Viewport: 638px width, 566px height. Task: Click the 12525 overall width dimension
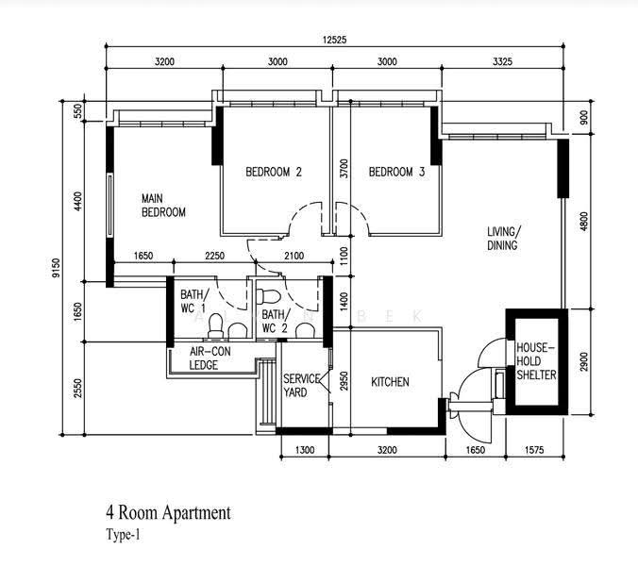click(334, 40)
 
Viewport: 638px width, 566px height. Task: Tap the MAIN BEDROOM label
click(163, 206)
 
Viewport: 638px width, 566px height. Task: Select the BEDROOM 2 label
click(274, 172)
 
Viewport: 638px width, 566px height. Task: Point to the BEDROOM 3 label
click(396, 172)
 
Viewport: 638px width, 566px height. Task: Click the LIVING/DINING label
click(504, 239)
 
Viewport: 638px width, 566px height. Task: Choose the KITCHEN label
click(390, 382)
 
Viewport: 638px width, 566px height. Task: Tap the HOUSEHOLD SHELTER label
click(536, 361)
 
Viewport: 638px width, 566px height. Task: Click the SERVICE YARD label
click(301, 386)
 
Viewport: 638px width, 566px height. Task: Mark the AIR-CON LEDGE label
click(210, 358)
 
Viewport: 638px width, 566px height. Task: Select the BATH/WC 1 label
click(194, 301)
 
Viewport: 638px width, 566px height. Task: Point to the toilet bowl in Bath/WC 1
click(215, 325)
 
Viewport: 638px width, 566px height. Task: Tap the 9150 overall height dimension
click(56, 268)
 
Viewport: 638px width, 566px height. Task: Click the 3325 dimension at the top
click(502, 62)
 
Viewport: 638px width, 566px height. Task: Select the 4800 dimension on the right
click(584, 221)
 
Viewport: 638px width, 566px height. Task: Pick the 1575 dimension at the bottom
click(534, 450)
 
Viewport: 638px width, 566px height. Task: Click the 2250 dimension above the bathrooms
click(214, 256)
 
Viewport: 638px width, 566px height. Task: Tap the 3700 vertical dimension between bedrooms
click(344, 168)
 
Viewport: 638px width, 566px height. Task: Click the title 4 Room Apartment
click(168, 513)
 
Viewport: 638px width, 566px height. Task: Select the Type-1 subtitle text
click(123, 535)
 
